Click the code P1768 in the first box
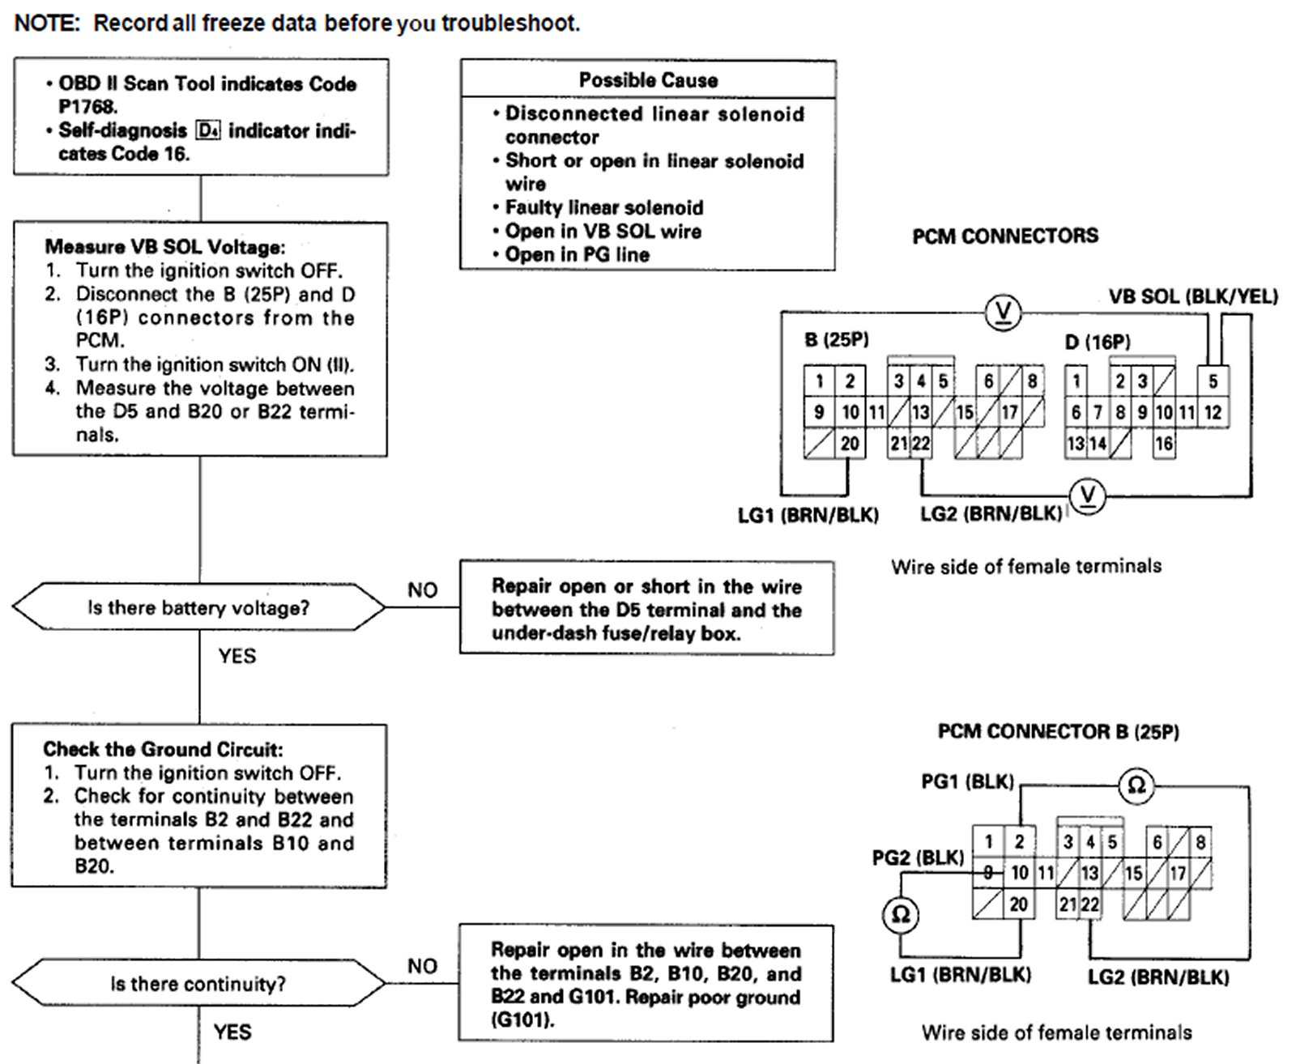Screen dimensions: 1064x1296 (87, 106)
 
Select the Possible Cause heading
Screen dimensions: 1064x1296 (648, 80)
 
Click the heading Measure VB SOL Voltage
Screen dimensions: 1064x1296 (165, 247)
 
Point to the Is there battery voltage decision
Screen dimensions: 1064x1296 (198, 607)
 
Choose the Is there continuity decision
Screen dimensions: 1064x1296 (198, 984)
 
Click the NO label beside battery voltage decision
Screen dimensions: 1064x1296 (422, 590)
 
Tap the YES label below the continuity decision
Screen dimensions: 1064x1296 (232, 1032)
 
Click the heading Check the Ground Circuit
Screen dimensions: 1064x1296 (163, 749)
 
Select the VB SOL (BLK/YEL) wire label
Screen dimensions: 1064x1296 (1193, 296)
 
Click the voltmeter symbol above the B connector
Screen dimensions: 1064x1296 (1003, 312)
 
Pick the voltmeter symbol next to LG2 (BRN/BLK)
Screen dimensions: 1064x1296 (1087, 496)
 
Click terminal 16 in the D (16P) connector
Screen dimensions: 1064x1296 (1164, 443)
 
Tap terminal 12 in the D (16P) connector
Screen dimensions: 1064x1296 (1213, 412)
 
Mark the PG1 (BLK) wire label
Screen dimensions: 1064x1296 (967, 781)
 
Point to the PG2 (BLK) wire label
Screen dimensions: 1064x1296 (918, 858)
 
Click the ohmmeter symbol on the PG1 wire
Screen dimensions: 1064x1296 (1136, 784)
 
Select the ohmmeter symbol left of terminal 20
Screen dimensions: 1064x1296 (900, 915)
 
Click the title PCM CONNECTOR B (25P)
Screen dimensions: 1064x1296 (1058, 731)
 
